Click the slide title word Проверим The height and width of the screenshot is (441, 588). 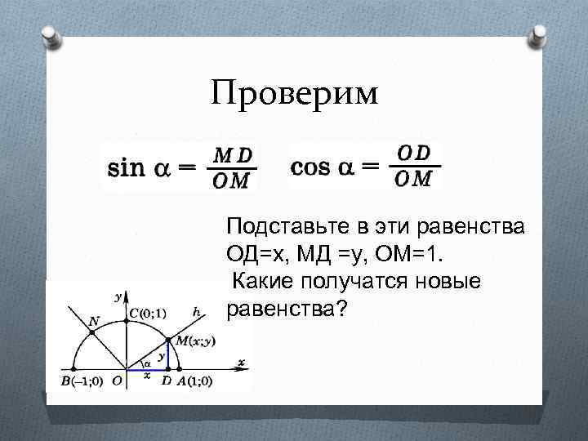(294, 93)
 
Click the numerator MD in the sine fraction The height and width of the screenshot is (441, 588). (233, 154)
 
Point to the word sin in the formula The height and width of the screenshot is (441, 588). (127, 168)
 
